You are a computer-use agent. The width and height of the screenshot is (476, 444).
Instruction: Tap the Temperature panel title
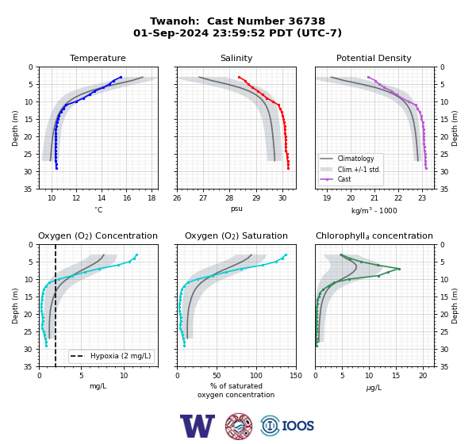pyautogui.click(x=98, y=58)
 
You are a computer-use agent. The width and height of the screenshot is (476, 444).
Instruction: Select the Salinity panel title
pyautogui.click(x=236, y=58)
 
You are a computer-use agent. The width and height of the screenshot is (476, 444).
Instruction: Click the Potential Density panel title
pyautogui.click(x=374, y=58)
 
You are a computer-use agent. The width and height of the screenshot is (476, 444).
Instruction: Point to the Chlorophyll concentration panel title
pyautogui.click(x=374, y=235)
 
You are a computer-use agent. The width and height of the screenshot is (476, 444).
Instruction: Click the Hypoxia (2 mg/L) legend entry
pyautogui.click(x=111, y=356)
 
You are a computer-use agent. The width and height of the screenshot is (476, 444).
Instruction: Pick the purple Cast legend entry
pyautogui.click(x=336, y=179)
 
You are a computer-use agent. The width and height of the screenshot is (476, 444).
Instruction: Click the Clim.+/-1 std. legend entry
pyautogui.click(x=350, y=170)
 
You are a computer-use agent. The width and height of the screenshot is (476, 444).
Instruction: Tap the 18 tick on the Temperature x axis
pyautogui.click(x=152, y=198)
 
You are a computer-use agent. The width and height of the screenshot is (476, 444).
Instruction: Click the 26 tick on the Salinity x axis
pyautogui.click(x=177, y=198)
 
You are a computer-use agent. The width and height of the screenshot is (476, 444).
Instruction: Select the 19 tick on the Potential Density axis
pyautogui.click(x=327, y=198)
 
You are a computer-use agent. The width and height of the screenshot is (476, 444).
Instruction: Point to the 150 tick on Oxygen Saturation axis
pyautogui.click(x=296, y=376)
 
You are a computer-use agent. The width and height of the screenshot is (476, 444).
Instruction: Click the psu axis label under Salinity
pyautogui.click(x=236, y=209)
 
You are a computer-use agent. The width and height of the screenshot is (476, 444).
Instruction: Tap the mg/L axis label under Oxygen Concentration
pyautogui.click(x=98, y=386)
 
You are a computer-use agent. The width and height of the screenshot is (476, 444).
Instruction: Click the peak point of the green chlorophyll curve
pyautogui.click(x=399, y=269)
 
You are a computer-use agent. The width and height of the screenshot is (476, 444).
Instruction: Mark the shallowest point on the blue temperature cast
pyautogui.click(x=121, y=77)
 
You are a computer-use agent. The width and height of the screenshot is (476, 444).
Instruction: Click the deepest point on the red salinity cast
pyautogui.click(x=288, y=168)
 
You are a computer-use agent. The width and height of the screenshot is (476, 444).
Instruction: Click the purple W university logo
pyautogui.click(x=198, y=426)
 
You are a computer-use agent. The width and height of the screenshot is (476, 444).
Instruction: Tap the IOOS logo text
pyautogui.click(x=297, y=426)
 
